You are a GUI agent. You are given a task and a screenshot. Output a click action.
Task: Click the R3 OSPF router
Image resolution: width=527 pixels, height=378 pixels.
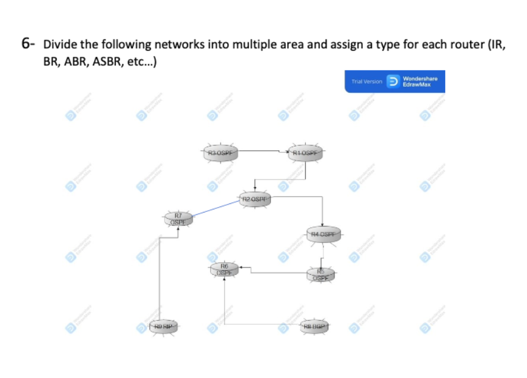pos(219,152)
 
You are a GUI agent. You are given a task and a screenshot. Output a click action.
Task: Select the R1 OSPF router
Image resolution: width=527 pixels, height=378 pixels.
pos(305,152)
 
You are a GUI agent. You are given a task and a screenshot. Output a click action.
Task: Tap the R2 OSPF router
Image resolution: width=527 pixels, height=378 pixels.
pos(255,199)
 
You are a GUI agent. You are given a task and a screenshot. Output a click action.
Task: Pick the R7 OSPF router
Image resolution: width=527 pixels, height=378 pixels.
pos(178,219)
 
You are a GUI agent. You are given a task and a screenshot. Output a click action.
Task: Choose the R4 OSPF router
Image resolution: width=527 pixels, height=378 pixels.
pos(323,234)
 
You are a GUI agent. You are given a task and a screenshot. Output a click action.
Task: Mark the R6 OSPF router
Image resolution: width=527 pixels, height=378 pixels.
pos(224,269)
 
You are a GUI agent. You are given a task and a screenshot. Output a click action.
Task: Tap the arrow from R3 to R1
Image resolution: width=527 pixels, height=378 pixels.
pos(263,150)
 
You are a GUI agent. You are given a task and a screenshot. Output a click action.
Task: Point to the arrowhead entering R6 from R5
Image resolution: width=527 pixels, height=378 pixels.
pos(241,267)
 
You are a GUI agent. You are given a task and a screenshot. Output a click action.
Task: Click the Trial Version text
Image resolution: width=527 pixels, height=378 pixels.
pos(366,81)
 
